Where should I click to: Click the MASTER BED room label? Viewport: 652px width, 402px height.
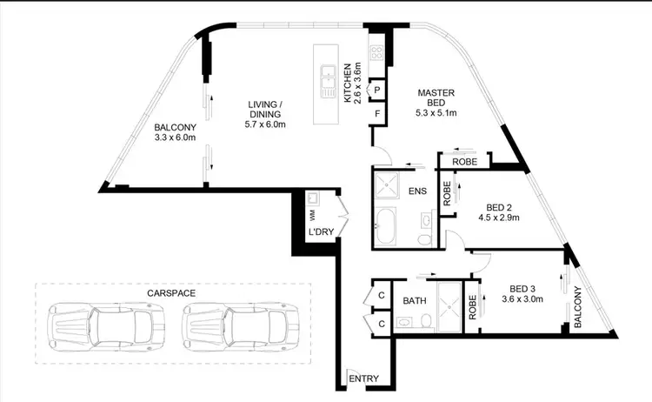pyautogui.click(x=431, y=92)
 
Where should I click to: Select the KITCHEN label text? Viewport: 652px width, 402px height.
pyautogui.click(x=347, y=83)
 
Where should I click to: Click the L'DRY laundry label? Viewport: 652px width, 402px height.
pyautogui.click(x=316, y=233)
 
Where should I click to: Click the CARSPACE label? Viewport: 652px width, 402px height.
pyautogui.click(x=171, y=294)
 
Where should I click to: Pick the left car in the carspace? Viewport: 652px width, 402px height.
pyautogui.click(x=103, y=327)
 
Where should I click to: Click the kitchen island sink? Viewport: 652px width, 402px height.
pyautogui.click(x=329, y=83)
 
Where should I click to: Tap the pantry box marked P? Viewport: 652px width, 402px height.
pyautogui.click(x=377, y=89)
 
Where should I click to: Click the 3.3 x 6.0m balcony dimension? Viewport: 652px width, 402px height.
pyautogui.click(x=175, y=137)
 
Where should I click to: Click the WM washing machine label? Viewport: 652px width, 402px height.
pyautogui.click(x=310, y=213)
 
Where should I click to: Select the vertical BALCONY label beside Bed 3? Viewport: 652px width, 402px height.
pyautogui.click(x=577, y=307)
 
